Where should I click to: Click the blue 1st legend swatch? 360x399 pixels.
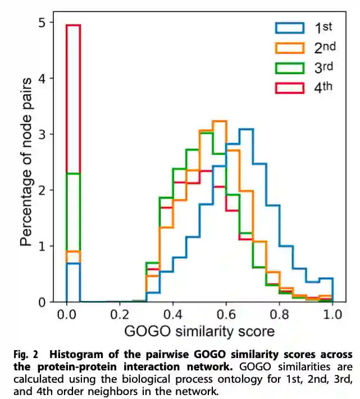(x=289, y=27)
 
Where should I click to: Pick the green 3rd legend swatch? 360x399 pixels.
(x=289, y=68)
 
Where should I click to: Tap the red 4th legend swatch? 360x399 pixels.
(x=289, y=88)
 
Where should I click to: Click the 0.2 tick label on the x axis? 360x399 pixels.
(x=120, y=313)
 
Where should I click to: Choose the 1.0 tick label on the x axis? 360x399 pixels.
(x=332, y=313)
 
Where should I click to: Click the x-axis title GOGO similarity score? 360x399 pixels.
(x=199, y=331)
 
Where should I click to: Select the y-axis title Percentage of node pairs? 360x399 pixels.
(x=25, y=163)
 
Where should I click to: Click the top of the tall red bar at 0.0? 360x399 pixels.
(x=74, y=25)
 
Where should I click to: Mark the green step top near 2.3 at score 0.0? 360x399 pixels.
(x=74, y=173)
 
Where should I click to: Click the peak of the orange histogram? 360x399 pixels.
(x=219, y=121)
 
